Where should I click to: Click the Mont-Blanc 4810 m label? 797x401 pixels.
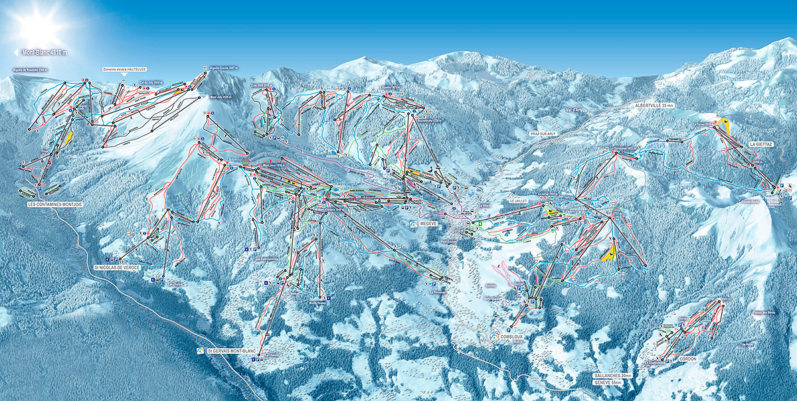pyautogui.click(x=45, y=52)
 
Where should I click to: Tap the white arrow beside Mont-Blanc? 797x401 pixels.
pyautogui.click(x=16, y=52)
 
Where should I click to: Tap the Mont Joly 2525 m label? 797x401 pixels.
pyautogui.click(x=222, y=98)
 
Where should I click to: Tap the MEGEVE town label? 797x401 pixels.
pyautogui.click(x=429, y=224)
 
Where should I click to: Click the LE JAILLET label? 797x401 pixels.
pyautogui.click(x=519, y=200)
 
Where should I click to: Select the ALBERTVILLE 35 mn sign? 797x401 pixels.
pyautogui.click(x=654, y=106)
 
